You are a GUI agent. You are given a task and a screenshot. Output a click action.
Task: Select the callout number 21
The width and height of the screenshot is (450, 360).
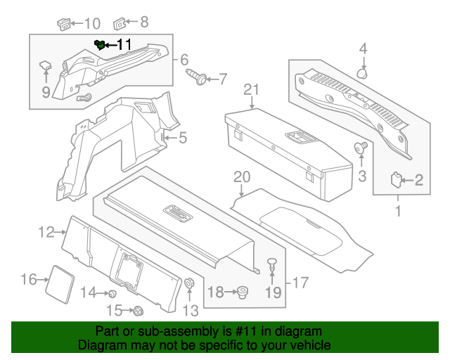(x=252, y=89)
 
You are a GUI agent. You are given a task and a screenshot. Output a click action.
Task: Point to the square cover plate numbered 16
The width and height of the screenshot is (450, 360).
(x=61, y=281)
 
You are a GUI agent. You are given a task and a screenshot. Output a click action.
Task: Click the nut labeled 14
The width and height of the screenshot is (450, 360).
(x=111, y=292)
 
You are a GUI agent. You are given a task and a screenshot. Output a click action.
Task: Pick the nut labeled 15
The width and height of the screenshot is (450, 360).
(x=138, y=310)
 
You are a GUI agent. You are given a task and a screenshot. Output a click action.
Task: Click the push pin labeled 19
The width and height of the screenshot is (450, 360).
(x=273, y=266)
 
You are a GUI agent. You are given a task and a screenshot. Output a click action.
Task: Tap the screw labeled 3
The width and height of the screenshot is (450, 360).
(x=362, y=148)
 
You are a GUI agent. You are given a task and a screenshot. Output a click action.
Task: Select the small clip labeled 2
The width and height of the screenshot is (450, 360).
(x=397, y=180)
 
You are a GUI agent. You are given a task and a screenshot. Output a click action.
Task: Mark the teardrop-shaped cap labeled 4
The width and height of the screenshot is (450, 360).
(x=364, y=72)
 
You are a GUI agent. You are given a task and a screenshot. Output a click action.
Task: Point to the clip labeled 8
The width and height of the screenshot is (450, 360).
(x=120, y=23)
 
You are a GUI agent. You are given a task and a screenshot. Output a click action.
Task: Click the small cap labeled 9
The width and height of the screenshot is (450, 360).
(x=45, y=66)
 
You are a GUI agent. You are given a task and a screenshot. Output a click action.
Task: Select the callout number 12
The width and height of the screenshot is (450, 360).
(x=46, y=231)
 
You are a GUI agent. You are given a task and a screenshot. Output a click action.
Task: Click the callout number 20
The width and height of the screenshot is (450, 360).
(x=241, y=176)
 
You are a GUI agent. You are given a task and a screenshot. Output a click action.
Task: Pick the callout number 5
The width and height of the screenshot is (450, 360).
(x=181, y=138)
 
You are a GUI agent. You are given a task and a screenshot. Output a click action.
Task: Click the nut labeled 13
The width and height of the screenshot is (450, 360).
(x=189, y=283)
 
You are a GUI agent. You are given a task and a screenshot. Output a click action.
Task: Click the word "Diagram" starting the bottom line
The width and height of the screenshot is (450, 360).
(x=100, y=345)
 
